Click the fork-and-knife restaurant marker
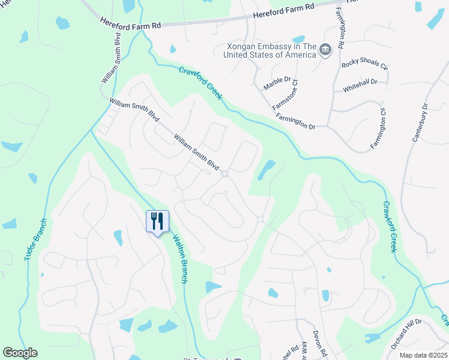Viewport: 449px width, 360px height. (157, 221)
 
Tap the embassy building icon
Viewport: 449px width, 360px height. (325, 49)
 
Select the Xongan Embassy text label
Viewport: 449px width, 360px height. (270, 50)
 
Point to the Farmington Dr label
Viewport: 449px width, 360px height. (296, 119)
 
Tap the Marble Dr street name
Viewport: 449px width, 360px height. (277, 83)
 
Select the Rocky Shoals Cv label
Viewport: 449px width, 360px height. (365, 65)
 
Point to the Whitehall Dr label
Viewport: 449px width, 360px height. (360, 85)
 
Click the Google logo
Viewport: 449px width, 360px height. (20, 353)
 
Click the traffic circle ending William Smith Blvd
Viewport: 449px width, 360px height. (224, 174)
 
